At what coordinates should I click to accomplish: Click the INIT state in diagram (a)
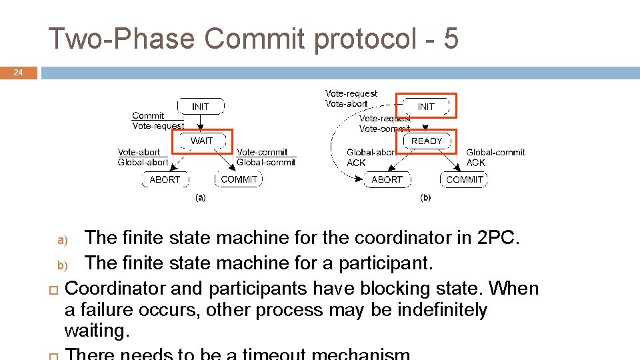[200, 107]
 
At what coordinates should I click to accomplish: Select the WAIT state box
[201, 141]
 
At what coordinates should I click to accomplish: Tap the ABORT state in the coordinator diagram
[165, 179]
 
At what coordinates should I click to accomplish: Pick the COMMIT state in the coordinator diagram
[239, 179]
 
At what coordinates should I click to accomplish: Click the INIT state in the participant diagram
[426, 107]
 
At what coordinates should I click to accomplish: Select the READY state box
[427, 141]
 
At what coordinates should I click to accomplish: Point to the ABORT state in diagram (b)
[387, 179]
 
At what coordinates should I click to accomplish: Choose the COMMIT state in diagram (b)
[465, 179]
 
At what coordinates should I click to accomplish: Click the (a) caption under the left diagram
[200, 197]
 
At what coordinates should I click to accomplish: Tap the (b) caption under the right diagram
[425, 197]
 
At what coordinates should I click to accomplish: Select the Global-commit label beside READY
[495, 153]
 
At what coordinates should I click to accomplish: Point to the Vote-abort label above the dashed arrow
[346, 103]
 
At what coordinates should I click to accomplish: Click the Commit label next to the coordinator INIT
[147, 115]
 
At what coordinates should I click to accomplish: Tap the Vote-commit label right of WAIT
[262, 152]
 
